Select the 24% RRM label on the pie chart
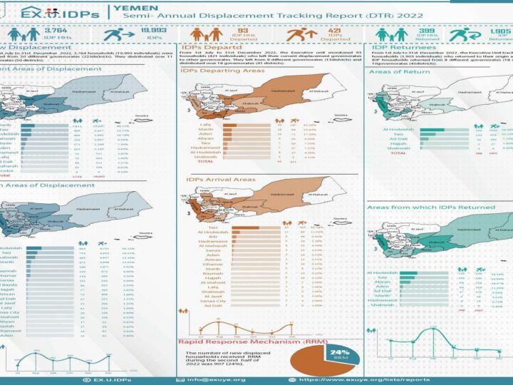click(339, 354)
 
